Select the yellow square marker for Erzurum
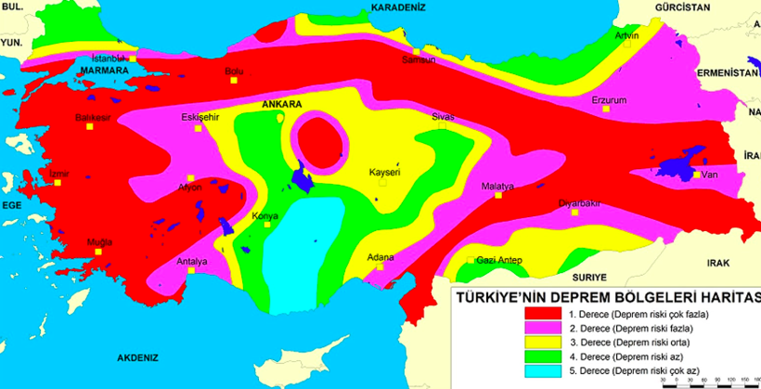606,110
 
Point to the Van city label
711,175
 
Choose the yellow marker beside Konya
260,227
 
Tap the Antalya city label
192,261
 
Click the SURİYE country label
588,277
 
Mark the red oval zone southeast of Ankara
319,143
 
